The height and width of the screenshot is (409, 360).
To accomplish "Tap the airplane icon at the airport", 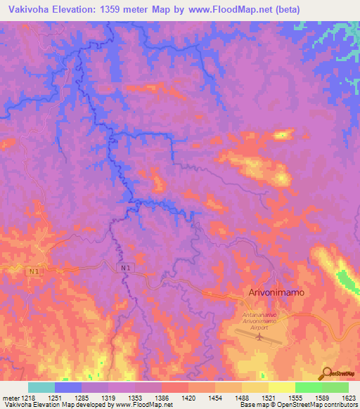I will [259, 337].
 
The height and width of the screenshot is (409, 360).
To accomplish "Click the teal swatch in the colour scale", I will [41, 387].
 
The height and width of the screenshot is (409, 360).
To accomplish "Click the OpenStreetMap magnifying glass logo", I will [326, 374].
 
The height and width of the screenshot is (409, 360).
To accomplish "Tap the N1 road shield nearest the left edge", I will [34, 271].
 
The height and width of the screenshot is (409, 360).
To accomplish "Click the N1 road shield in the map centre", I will [124, 267].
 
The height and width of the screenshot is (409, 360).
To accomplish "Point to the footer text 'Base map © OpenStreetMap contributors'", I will [298, 405].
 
